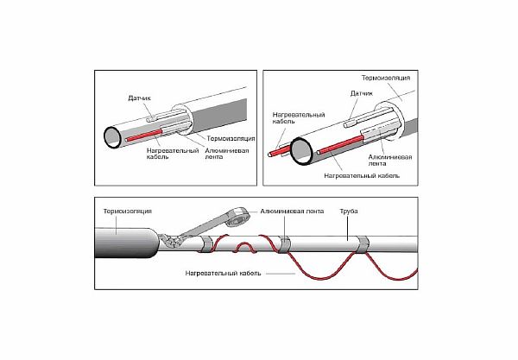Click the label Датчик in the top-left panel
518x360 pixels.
[x=140, y=99]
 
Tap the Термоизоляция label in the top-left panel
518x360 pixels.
[x=230, y=137]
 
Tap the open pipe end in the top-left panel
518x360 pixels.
[x=113, y=136]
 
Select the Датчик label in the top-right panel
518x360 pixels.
[x=362, y=92]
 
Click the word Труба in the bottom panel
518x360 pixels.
[x=354, y=209]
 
